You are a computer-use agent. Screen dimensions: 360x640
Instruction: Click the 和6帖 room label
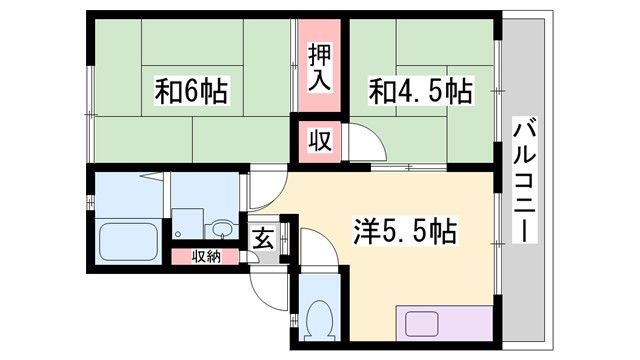(191, 92)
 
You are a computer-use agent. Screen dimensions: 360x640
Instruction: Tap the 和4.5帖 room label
(420, 92)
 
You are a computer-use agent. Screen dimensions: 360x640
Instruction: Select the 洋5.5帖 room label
(404, 232)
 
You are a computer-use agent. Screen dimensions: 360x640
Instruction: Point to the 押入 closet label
(318, 66)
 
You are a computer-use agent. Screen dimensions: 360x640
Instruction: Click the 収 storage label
(318, 141)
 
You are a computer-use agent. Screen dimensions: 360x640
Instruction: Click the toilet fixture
(321, 319)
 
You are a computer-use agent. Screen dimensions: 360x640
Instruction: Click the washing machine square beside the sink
(188, 222)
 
